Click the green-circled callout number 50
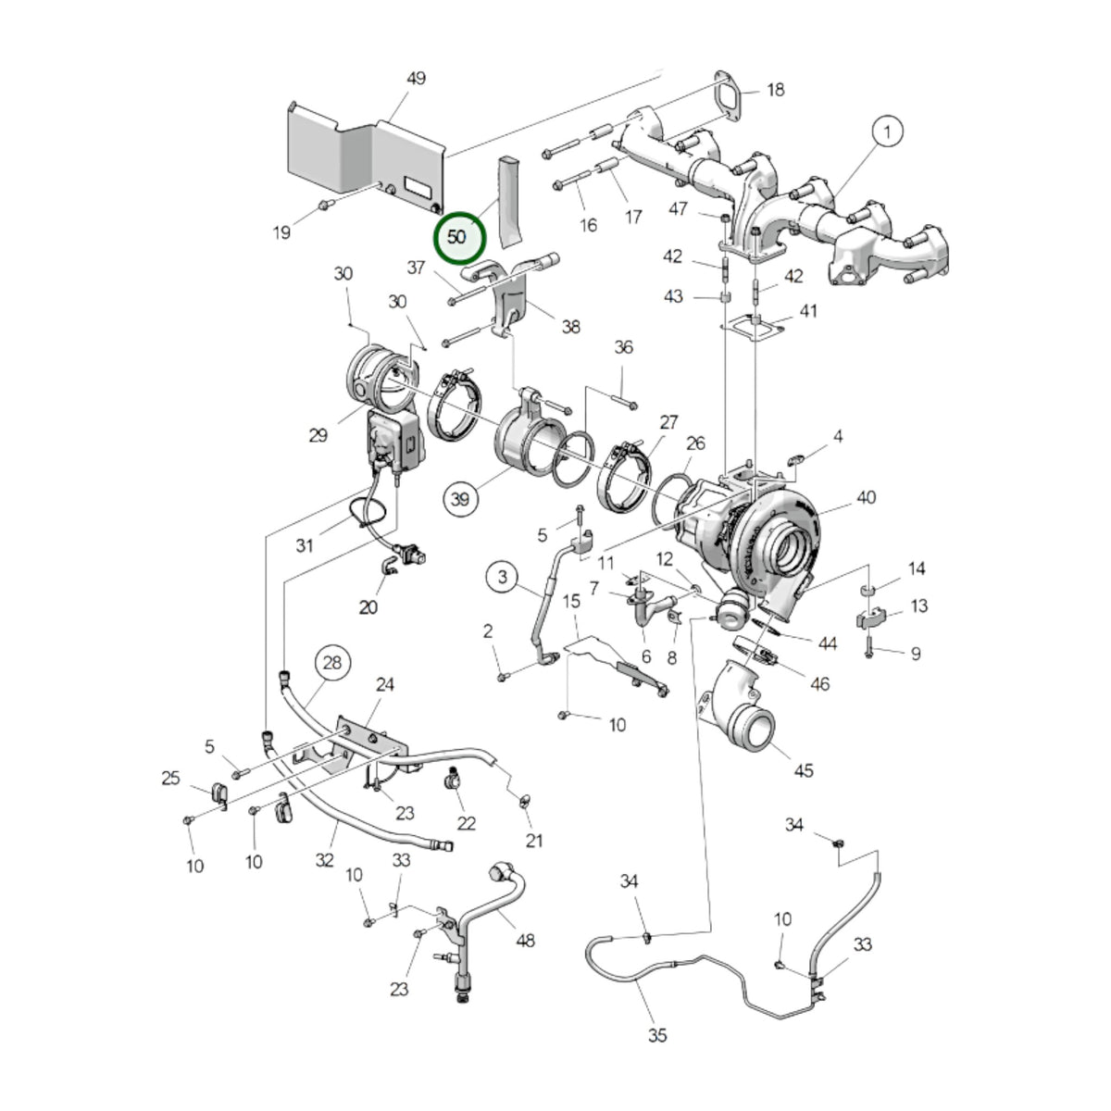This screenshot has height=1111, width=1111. pyautogui.click(x=459, y=237)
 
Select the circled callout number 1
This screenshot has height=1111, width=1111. pyautogui.click(x=887, y=132)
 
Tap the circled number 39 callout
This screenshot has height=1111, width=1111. pyautogui.click(x=460, y=499)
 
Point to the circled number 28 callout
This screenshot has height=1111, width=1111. pyautogui.click(x=332, y=663)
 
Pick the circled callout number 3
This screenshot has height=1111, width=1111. pyautogui.click(x=503, y=577)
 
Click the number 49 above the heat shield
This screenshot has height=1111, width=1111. pyautogui.click(x=416, y=79)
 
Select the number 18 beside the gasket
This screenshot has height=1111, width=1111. pyautogui.click(x=776, y=90)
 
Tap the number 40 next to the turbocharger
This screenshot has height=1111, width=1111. pyautogui.click(x=866, y=497)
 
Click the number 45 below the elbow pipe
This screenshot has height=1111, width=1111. pyautogui.click(x=803, y=770)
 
